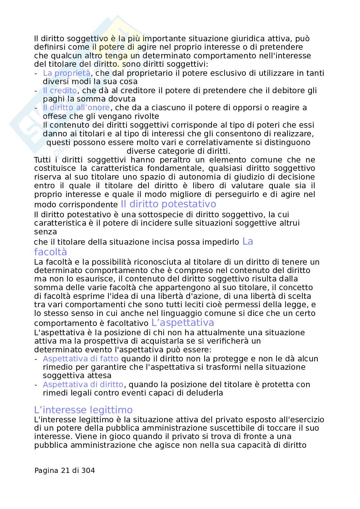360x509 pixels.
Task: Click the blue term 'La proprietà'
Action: pos(66,73)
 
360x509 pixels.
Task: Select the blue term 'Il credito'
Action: pos(60,91)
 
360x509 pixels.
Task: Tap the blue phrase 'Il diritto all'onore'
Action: pos(76,108)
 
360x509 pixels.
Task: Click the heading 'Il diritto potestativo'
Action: pos(168,204)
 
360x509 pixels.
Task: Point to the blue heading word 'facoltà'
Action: pos(50,252)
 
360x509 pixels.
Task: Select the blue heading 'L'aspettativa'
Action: pos(183,323)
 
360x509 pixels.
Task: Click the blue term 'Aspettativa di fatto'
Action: pos(81,359)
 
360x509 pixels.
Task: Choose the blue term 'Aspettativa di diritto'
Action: pos(83,385)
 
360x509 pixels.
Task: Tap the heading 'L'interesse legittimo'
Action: pos(83,410)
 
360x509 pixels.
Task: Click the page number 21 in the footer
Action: pos(65,471)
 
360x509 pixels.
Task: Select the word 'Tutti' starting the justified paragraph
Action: pos(42,160)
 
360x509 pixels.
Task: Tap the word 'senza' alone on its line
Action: pos(45,232)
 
